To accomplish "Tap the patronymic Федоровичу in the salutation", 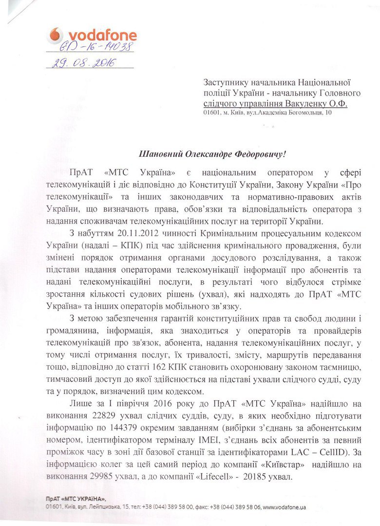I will click(256, 154).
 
